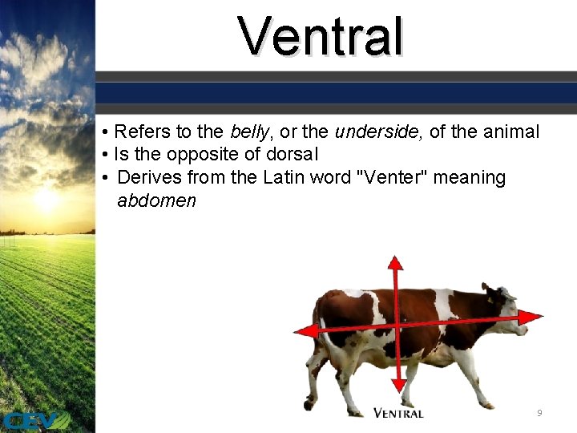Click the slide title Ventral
pos(321,37)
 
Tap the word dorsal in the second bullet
pos(292,154)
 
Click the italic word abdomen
pos(156,200)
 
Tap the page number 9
pos(539,412)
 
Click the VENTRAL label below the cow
pos(398,413)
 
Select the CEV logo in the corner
pos(36,420)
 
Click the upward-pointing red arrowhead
pos(395,264)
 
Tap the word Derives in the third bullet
pos(149,177)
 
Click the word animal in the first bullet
pos(512,132)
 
